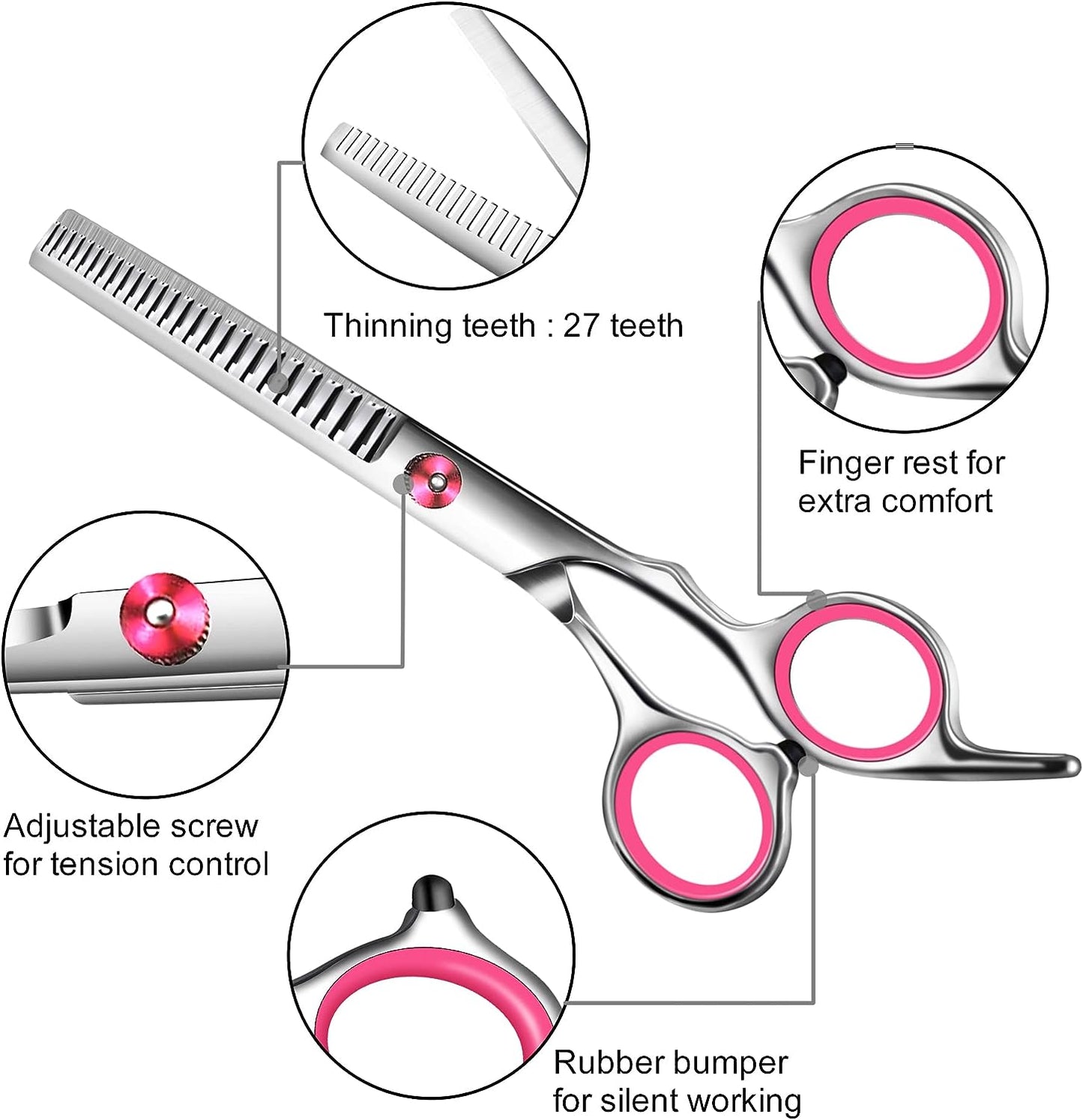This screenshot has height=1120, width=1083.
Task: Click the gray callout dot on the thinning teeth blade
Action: (x=278, y=382)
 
